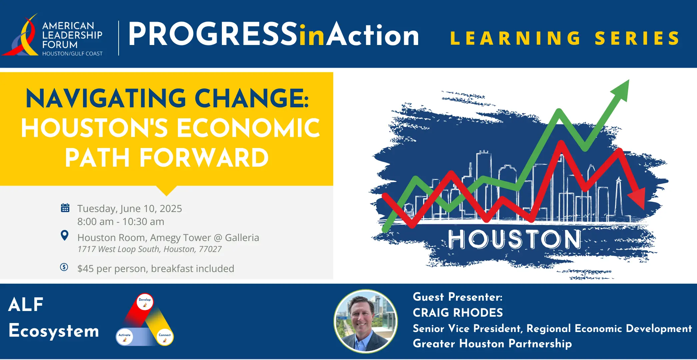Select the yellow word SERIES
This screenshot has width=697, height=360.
[637, 38]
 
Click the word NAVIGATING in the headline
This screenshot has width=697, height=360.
[106, 99]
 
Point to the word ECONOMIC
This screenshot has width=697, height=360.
[248, 128]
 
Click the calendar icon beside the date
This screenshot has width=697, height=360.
[65, 208]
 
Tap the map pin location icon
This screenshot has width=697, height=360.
[65, 236]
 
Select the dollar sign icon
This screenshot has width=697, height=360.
[64, 267]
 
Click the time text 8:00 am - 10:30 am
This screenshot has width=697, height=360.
[121, 222]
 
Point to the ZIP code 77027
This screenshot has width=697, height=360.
[210, 249]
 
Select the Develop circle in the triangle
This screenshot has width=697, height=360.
[145, 302]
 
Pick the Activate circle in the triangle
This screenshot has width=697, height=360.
[125, 337]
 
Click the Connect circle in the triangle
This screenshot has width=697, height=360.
[165, 337]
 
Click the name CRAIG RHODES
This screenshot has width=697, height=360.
[458, 313]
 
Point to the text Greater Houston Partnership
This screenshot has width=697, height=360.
[492, 344]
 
